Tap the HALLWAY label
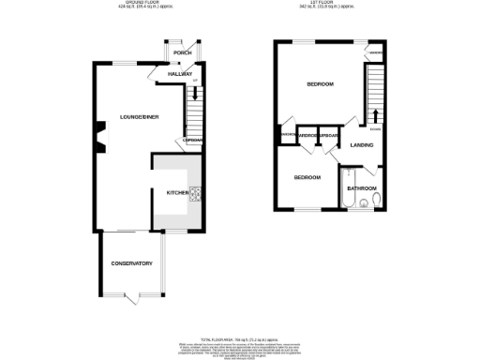[179, 73]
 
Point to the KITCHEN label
[177, 192]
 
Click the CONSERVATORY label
[130, 262]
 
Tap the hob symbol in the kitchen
[195, 194]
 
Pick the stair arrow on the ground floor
[194, 92]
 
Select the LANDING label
[362, 145]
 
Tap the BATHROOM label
[361, 188]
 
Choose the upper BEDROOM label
[320, 85]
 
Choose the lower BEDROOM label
[307, 177]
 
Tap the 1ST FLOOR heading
[333, 4]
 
